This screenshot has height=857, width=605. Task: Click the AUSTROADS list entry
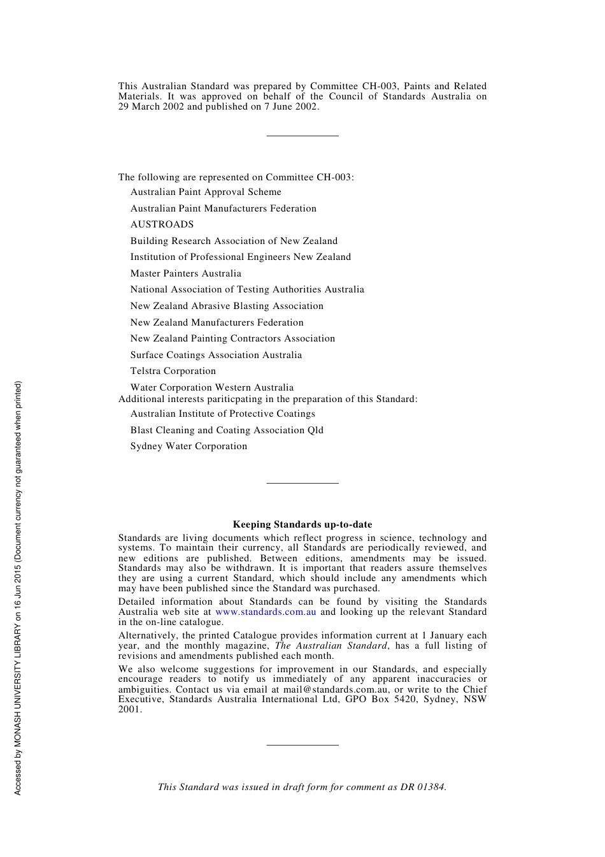click(x=162, y=224)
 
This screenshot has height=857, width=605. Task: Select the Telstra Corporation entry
click(x=173, y=371)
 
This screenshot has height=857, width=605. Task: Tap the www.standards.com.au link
click(x=266, y=612)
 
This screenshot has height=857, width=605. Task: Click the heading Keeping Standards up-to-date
click(x=302, y=524)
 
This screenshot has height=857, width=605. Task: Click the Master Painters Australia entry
click(x=185, y=273)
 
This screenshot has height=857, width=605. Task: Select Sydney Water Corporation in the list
click(x=189, y=446)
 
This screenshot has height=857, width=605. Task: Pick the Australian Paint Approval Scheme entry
click(x=206, y=192)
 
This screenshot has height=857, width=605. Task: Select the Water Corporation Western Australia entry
click(x=212, y=387)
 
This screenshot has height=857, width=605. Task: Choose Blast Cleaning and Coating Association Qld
click(x=227, y=430)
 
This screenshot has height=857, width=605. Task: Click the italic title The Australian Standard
click(x=331, y=645)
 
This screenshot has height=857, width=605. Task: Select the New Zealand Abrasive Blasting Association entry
click(x=227, y=306)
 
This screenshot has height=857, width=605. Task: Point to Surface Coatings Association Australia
click(x=216, y=355)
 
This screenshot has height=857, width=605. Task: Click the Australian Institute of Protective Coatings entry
click(x=222, y=414)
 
